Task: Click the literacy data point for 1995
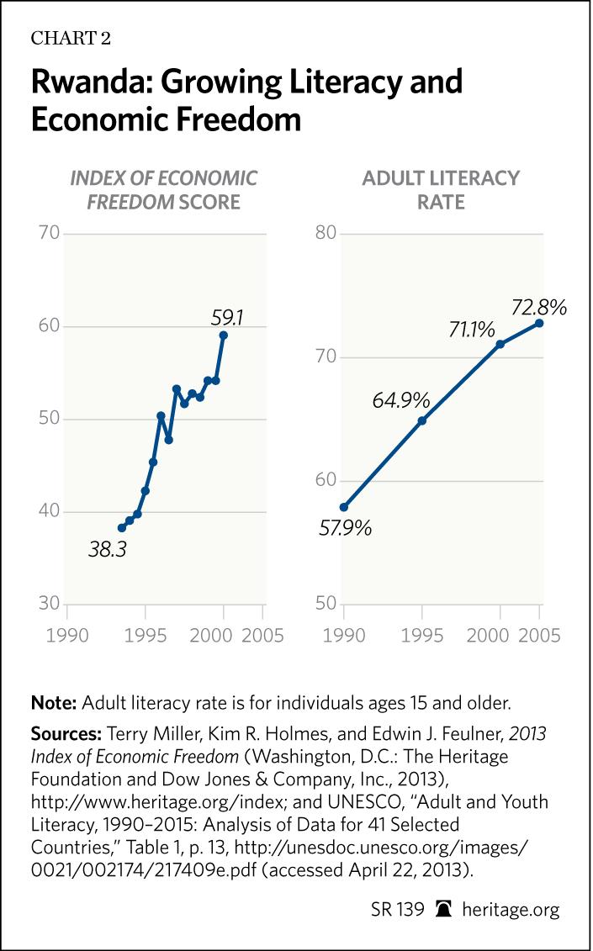(x=422, y=420)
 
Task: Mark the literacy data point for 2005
(x=539, y=323)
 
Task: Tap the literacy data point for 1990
(x=344, y=507)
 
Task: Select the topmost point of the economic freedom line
(x=223, y=335)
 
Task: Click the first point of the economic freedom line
(x=122, y=527)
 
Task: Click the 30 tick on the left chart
(x=49, y=605)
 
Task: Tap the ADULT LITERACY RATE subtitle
(x=441, y=189)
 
